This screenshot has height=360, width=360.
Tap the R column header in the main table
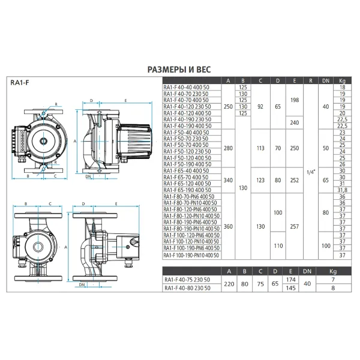tap(310, 81)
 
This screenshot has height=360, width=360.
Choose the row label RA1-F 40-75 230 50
tap(187, 281)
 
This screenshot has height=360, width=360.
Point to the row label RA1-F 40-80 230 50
tap(187, 289)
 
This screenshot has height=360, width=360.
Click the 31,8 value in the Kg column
tap(343, 191)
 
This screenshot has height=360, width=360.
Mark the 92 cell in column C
tap(260, 106)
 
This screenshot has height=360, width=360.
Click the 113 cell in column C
tap(260, 148)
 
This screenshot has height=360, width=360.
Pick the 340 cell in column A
tap(227, 179)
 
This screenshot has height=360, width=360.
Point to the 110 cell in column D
tap(277, 246)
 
